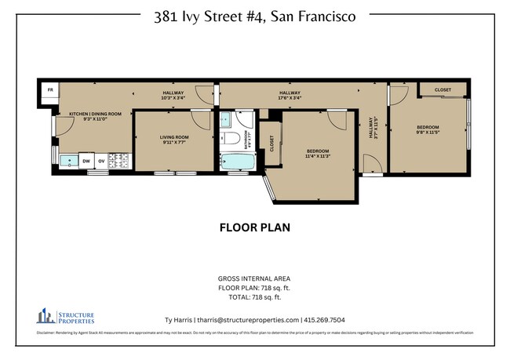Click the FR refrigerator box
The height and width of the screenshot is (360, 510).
click(x=49, y=91)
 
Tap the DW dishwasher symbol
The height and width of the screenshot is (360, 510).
click(x=87, y=161)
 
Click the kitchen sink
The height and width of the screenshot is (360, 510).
click(x=69, y=161)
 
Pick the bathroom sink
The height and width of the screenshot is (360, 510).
click(x=226, y=120)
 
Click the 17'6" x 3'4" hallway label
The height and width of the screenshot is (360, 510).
click(x=290, y=96)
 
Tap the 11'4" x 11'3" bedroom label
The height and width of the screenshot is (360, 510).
click(x=318, y=153)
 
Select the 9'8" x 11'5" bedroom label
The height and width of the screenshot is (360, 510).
click(x=428, y=130)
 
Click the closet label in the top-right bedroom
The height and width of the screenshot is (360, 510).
click(x=443, y=89)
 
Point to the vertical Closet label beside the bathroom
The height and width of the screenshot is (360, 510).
click(x=271, y=144)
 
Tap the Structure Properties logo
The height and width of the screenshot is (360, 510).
click(x=65, y=317)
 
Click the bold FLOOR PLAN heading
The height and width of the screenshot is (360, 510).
click(x=254, y=228)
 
